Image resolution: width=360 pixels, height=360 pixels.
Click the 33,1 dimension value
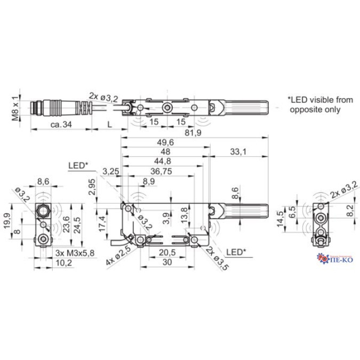coord(238,152)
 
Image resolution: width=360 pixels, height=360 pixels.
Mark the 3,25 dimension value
coord(110,172)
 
